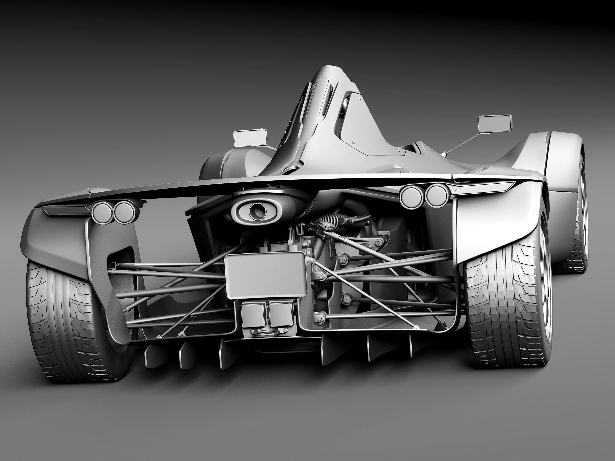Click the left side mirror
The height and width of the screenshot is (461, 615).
(250, 138)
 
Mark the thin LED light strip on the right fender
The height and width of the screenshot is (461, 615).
(484, 186)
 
